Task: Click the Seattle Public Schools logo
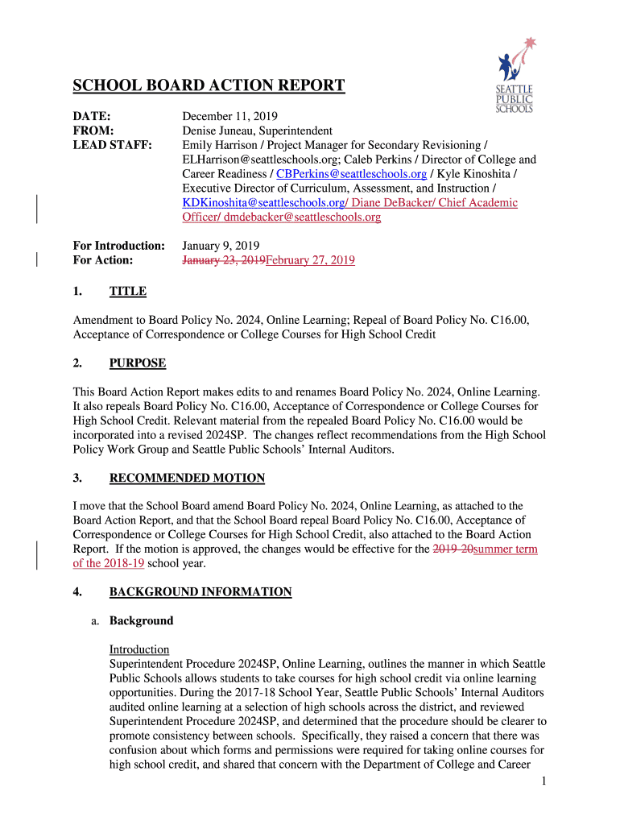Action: point(515,76)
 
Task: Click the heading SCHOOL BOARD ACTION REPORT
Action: point(209,86)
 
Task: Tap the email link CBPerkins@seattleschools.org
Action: point(351,174)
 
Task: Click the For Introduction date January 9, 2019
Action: point(221,246)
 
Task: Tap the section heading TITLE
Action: point(127,292)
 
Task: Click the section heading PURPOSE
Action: point(138,363)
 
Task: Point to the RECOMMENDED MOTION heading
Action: point(187,479)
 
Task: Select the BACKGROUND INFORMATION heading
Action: point(200,592)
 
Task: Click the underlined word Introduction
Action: point(139,649)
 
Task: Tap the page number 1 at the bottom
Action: point(544,781)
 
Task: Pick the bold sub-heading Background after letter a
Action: point(141,621)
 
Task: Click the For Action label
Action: point(103,260)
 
